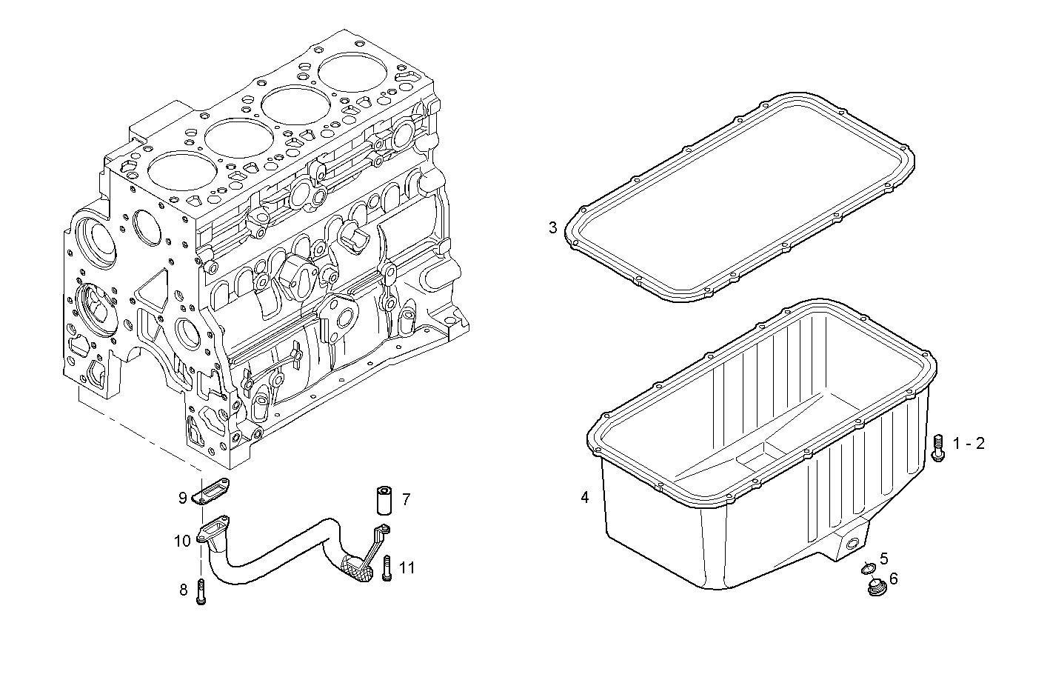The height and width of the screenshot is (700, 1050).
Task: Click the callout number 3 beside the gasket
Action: (552, 227)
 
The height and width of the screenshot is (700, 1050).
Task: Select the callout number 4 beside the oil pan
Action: (585, 498)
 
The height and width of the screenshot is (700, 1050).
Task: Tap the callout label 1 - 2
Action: (969, 444)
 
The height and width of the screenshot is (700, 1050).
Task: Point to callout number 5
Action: (884, 559)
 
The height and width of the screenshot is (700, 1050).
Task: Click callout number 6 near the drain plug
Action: (893, 579)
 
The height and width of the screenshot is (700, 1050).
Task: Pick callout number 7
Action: (406, 499)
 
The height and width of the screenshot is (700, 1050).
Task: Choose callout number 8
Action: (183, 590)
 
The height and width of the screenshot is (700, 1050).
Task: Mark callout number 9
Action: (182, 498)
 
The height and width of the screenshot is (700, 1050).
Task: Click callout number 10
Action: (182, 541)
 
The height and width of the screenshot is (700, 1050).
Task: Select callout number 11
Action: (407, 568)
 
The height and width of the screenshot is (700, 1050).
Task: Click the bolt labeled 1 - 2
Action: (937, 447)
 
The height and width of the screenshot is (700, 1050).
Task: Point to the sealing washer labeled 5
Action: (869, 569)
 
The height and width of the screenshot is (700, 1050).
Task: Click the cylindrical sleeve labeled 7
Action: (383, 500)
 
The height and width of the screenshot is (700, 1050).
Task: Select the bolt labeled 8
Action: (200, 591)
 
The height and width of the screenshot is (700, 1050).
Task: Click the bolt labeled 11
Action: (386, 569)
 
